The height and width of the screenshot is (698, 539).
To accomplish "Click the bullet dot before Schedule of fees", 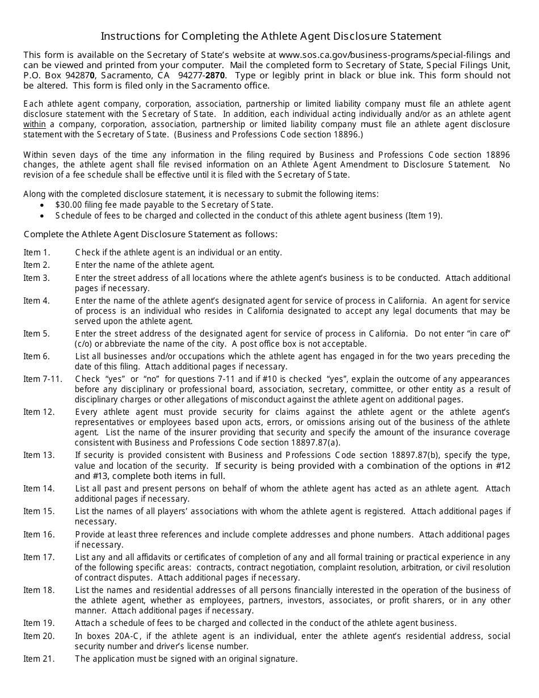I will (44, 216).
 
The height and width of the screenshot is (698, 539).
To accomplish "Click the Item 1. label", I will (36, 253).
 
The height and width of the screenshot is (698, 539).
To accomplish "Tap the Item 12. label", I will (39, 411).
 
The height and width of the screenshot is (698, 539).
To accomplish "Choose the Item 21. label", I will (39, 659).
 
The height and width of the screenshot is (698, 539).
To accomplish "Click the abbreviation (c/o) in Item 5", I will (83, 344).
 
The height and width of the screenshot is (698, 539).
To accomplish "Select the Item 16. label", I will (39, 535).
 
